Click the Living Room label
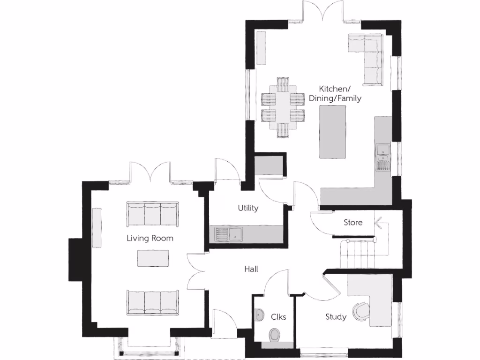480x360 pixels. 150,238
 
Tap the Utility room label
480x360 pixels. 248,208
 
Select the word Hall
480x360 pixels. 251,269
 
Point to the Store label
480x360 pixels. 353,222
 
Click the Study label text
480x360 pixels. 336,317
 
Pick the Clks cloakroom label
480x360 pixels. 278,317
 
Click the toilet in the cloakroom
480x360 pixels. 275,334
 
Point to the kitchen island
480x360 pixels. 332,131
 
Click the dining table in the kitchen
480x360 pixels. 283,107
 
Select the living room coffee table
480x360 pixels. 153,258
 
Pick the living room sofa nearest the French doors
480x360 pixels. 152,214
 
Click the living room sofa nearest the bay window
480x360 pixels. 152,302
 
